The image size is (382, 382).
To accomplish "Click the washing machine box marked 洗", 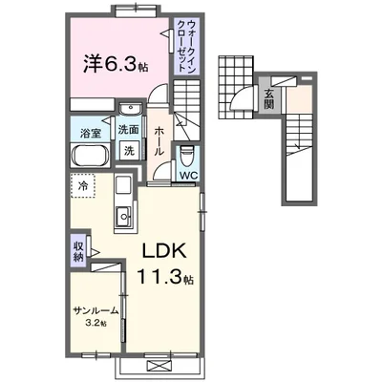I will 127,150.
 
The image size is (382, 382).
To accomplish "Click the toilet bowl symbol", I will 187,153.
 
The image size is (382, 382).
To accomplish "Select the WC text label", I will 188,175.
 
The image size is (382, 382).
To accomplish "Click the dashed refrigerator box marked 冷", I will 84,185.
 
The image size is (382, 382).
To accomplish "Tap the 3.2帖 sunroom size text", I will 94,324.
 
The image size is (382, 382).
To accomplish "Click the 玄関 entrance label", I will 270,97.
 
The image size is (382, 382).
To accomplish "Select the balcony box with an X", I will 154,364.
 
